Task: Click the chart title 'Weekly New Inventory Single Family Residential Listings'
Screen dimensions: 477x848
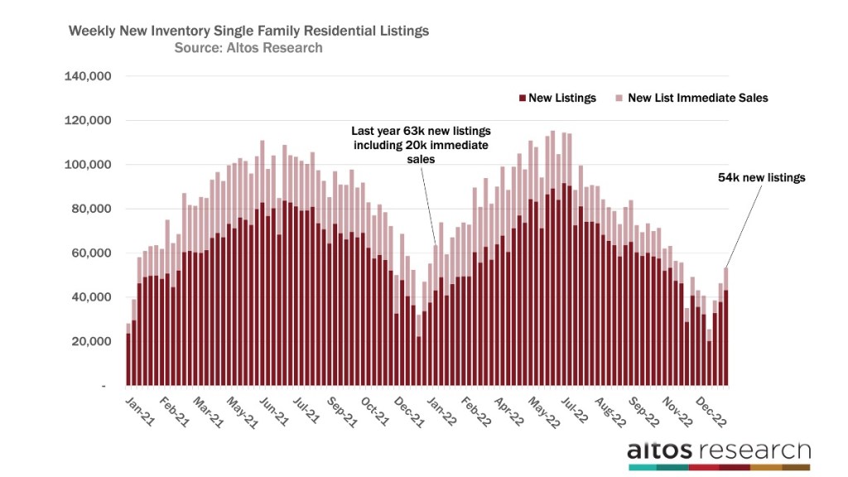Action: point(248,31)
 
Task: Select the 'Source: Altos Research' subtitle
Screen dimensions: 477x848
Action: point(248,48)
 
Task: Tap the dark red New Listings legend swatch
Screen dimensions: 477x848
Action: point(522,98)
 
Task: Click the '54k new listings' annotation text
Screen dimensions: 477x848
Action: point(760,178)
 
